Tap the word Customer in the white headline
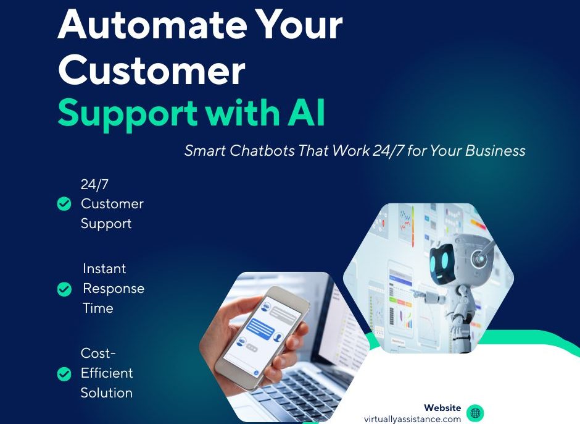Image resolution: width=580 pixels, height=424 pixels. click(152, 69)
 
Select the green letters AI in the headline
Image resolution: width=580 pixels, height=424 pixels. click(307, 112)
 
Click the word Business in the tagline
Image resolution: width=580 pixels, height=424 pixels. click(495, 150)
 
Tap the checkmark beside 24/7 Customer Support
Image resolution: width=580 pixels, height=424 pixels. click(64, 204)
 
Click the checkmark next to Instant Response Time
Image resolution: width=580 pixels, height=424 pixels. click(64, 289)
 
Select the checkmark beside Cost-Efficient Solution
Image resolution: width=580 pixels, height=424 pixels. click(64, 374)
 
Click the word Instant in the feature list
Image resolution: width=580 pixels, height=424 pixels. click(104, 268)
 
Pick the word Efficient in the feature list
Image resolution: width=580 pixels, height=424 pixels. click(107, 373)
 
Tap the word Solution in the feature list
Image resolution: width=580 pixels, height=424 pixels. click(107, 392)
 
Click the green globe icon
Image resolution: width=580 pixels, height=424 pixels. click(475, 412)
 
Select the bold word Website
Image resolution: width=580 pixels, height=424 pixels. click(442, 408)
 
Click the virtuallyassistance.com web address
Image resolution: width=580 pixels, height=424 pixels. click(412, 419)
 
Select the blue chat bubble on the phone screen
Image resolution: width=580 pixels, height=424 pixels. click(260, 328)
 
